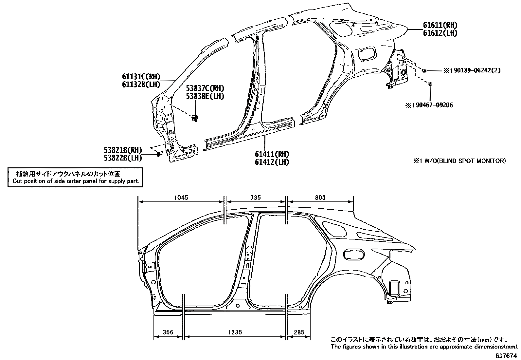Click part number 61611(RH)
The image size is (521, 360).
tap(440, 25)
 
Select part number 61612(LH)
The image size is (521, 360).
tap(440, 33)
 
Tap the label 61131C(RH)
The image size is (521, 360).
tap(141, 77)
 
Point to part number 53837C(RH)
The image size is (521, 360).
tap(205, 88)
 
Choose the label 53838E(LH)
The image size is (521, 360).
tap(205, 96)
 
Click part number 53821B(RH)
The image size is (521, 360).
tap(123, 150)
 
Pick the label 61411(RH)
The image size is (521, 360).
tap(272, 154)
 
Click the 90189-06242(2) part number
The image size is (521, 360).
tap(477, 70)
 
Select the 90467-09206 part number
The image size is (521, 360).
tap(434, 105)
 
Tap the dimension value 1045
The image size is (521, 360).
tap(181, 198)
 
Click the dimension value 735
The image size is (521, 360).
tap(255, 198)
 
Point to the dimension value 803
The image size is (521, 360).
tap(320, 198)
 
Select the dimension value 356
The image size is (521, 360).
tap(168, 332)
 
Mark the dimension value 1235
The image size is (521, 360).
tap(235, 332)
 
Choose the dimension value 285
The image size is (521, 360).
tap(299, 332)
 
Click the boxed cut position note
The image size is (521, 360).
tap(75, 177)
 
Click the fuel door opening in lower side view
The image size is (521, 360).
tap(354, 254)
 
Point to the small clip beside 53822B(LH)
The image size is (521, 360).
tap(159, 154)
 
